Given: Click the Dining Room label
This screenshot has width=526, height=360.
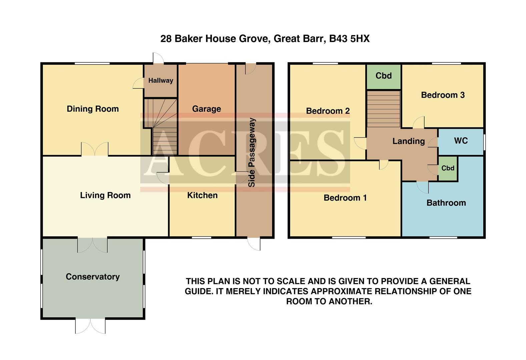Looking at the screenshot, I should tap(93, 109).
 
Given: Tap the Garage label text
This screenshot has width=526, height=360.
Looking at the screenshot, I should tap(206, 109).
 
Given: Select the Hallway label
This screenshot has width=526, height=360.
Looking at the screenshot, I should tap(161, 80).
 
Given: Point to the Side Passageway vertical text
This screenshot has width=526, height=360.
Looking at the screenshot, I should tap(252, 152).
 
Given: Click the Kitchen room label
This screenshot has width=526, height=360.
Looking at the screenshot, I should tap(202, 195).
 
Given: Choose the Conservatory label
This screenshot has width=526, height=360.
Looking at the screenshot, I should tap(93, 277).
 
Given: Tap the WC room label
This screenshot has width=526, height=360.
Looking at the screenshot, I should tap(461, 141).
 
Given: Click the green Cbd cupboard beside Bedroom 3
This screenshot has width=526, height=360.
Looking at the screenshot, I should tap(384, 76).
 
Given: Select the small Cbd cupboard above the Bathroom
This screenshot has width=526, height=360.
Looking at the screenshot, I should tap(448, 168).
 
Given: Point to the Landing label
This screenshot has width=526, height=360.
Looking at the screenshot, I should tap(409, 141).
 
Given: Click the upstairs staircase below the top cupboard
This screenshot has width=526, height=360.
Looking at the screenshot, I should tap(384, 108).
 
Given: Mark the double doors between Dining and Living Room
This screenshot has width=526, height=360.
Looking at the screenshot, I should tap(95, 149).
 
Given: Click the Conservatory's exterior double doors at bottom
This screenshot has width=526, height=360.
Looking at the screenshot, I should tap(90, 326).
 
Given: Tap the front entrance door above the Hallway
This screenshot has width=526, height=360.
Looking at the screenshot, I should tap(158, 58).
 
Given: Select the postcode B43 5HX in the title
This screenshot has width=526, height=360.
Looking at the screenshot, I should tap(349, 39).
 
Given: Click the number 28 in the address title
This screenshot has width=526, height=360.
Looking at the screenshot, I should tap(166, 39).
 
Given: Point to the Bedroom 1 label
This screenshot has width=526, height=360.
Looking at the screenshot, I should tap(345, 198).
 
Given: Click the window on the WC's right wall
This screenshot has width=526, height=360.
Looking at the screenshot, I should tap(484, 142).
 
